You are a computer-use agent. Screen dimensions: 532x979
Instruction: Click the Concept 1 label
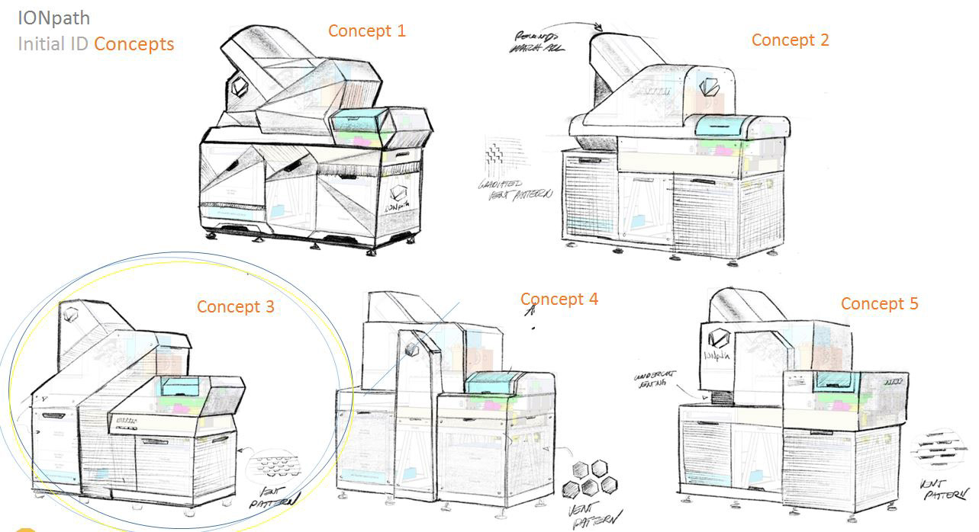(x=366, y=31)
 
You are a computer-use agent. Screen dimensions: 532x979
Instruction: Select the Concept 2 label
(x=790, y=40)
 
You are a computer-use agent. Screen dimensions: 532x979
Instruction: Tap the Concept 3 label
(x=235, y=306)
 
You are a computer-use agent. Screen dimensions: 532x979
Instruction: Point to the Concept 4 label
(x=559, y=300)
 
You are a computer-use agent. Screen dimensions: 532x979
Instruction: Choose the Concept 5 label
(x=879, y=304)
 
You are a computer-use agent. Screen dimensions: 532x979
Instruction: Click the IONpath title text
(x=53, y=18)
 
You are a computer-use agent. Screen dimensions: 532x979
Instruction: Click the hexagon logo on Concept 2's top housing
(x=709, y=87)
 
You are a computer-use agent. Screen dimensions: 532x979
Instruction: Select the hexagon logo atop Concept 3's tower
(x=72, y=315)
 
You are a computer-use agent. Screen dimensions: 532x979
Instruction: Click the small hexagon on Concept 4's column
(x=412, y=349)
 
